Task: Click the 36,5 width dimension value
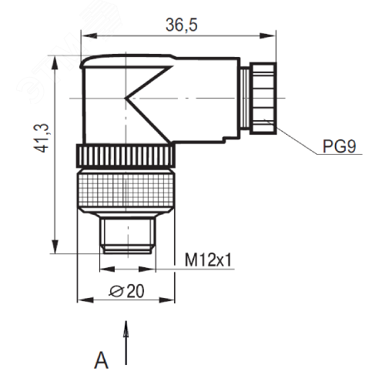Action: coord(182,25)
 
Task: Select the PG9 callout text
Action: coord(338,146)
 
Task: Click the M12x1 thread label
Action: coord(209,262)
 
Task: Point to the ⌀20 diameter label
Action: coord(128,290)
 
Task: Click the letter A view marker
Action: coord(100,359)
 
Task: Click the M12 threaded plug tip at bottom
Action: coord(127,236)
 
